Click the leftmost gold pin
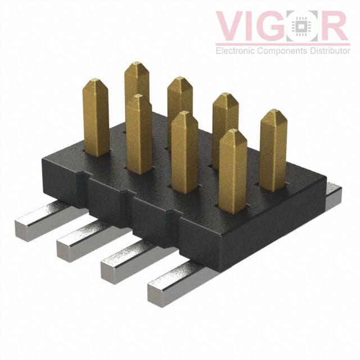pos(96,118)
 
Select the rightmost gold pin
pos(274,149)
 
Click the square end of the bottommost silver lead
pos(160,293)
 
